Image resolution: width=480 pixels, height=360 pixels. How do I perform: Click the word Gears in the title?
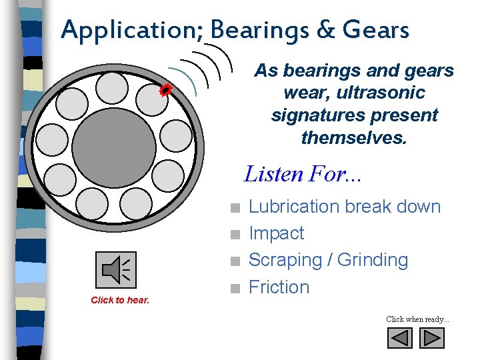[x=375, y=30]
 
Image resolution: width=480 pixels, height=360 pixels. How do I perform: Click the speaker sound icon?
[x=116, y=270]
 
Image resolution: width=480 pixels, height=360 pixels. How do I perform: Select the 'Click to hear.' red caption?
[x=120, y=300]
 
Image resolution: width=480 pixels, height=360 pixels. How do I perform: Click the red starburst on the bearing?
[x=166, y=90]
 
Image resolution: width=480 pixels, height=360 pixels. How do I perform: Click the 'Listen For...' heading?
[x=303, y=174]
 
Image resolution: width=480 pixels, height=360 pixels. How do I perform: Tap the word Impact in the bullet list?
[x=276, y=233]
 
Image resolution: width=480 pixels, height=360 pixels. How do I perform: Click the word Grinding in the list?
[x=373, y=260]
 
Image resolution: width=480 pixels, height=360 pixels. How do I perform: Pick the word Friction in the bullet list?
[x=279, y=287]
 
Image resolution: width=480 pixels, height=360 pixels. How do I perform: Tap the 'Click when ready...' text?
[x=417, y=319]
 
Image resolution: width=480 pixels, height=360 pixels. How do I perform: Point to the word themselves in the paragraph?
[x=354, y=138]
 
